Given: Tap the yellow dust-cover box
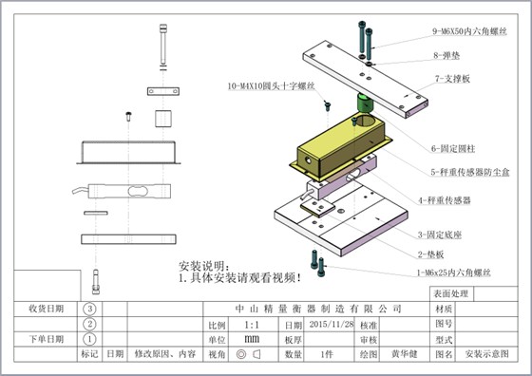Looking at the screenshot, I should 332,147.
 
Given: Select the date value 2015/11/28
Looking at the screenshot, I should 330,324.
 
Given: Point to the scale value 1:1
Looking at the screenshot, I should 252,324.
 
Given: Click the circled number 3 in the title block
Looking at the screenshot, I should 90,309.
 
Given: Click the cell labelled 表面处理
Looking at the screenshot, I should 451,294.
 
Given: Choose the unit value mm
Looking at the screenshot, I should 252,338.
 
